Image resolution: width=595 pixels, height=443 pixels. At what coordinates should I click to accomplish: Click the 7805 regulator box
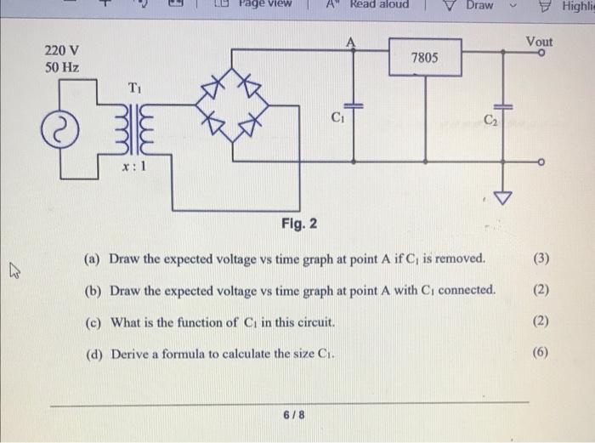tap(424, 58)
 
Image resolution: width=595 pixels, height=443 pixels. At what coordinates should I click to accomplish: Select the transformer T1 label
tap(136, 88)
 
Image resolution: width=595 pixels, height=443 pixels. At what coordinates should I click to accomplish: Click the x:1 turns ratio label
tap(136, 167)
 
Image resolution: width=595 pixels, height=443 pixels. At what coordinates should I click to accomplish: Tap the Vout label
tap(539, 41)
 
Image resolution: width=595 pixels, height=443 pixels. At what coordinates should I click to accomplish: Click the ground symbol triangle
tap(505, 200)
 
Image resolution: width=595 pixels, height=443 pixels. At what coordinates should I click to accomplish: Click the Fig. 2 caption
tap(299, 224)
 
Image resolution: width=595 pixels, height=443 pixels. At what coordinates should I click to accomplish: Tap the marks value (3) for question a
tap(541, 258)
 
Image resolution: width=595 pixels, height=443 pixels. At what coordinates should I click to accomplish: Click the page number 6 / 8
tap(293, 416)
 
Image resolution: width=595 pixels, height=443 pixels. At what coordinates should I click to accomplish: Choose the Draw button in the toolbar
tap(472, 6)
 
